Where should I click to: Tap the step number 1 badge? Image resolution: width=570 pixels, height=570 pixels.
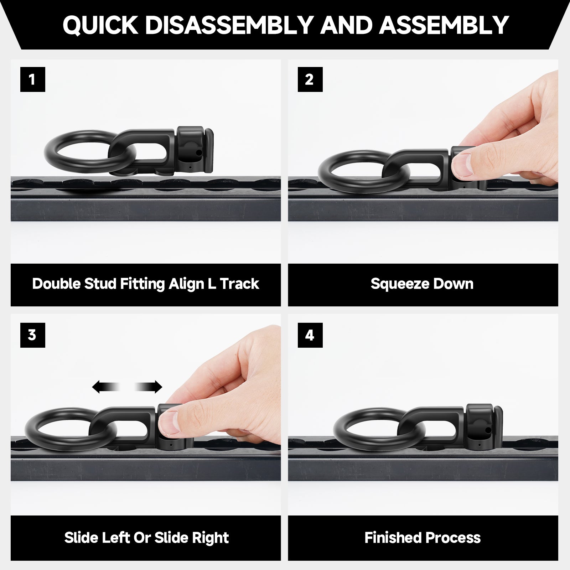(x=33, y=79)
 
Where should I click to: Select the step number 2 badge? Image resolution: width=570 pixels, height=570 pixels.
(x=310, y=79)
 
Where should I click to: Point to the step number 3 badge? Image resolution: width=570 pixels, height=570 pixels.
(x=33, y=335)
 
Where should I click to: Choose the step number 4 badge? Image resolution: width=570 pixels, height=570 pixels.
(x=310, y=335)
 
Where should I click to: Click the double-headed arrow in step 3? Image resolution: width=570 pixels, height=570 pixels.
(x=127, y=387)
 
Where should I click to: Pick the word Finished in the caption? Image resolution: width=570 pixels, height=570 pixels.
(x=392, y=538)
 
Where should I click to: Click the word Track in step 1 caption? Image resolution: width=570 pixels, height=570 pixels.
(x=239, y=284)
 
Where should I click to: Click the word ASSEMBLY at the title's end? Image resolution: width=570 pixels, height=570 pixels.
(x=444, y=25)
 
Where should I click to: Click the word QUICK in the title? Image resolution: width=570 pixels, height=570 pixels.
(x=100, y=25)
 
